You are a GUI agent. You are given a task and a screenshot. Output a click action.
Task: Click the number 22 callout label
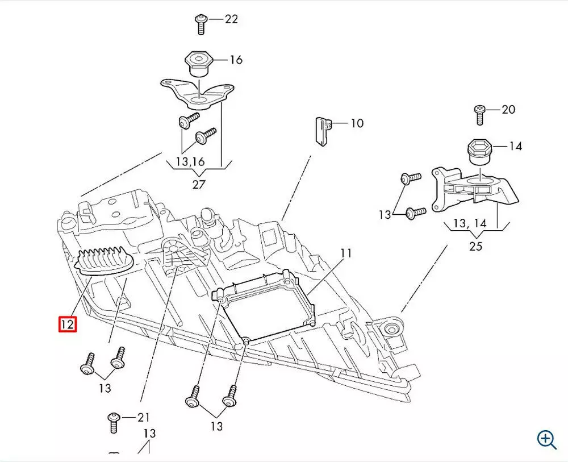point(231,19)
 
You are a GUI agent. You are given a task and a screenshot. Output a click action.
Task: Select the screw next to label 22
point(201,24)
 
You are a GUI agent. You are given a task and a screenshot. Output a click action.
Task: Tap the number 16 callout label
point(236,60)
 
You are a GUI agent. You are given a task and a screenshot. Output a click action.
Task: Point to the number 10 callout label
point(357,123)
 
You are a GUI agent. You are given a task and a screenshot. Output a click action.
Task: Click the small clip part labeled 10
point(321,131)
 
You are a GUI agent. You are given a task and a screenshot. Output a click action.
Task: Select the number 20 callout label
point(508,109)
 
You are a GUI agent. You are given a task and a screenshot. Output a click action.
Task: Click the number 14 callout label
point(515,146)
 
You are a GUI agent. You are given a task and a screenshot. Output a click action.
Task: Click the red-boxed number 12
point(68,324)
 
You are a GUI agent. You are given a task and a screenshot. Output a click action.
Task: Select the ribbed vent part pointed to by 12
point(106,262)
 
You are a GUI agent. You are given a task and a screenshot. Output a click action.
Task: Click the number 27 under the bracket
point(198,184)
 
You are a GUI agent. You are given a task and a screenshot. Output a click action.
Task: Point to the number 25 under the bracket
point(475,246)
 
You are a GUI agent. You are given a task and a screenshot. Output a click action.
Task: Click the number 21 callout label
point(144,418)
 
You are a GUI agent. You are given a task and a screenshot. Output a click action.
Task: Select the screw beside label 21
point(113,422)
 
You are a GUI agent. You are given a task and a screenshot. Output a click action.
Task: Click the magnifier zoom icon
point(546,439)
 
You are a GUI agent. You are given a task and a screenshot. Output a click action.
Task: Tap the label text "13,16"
point(190,162)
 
